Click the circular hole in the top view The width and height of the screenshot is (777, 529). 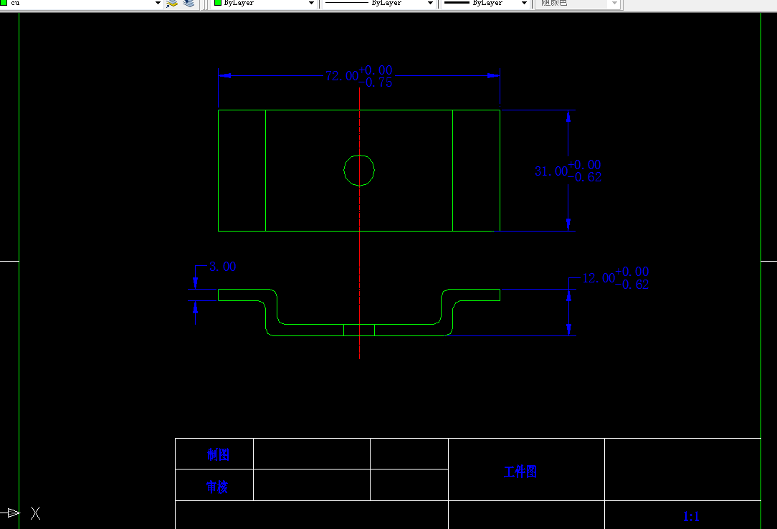click(359, 171)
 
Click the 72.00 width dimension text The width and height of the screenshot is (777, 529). click(341, 76)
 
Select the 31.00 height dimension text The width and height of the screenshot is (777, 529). click(550, 171)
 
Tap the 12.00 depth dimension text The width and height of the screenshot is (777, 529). click(598, 278)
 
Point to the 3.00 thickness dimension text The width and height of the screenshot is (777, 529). click(222, 267)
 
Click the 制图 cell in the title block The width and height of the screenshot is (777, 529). click(218, 454)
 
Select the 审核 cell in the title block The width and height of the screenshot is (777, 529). click(217, 487)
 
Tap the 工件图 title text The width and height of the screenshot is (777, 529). click(520, 472)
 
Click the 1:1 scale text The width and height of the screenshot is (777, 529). click(691, 517)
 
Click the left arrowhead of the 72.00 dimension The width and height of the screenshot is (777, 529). click(224, 75)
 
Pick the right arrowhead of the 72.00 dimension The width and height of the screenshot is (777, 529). click(493, 75)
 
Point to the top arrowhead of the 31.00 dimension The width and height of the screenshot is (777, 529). click(568, 116)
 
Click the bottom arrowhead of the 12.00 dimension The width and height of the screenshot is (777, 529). click(568, 329)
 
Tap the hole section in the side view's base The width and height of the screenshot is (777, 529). click(359, 330)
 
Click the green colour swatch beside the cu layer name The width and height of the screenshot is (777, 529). click(4, 3)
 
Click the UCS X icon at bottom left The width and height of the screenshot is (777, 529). click(35, 513)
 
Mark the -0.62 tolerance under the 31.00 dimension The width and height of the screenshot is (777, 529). click(585, 178)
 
